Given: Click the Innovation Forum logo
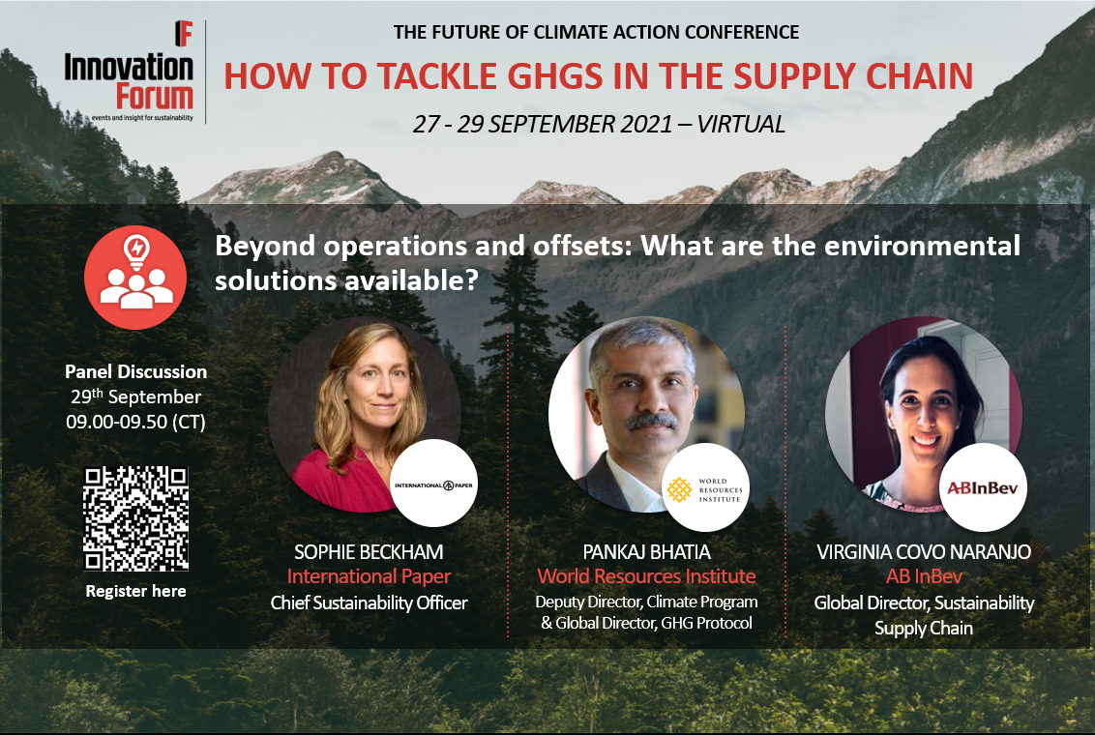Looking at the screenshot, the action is [x=130, y=72].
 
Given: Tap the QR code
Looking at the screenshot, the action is [x=135, y=518].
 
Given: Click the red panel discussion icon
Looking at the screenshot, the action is [x=135, y=278].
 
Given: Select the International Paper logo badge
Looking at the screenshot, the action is [x=433, y=484].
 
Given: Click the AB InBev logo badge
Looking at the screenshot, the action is [x=983, y=488].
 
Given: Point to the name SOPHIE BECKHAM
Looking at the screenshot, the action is [x=369, y=552].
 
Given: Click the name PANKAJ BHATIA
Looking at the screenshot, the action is [x=647, y=552].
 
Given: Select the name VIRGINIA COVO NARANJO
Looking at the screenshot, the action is [x=924, y=552].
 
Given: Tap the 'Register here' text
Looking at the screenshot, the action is [x=135, y=591].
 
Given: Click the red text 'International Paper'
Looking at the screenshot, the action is [x=369, y=576].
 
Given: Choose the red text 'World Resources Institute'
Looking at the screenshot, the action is [x=647, y=576].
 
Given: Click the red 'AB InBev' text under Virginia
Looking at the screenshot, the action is [x=924, y=576].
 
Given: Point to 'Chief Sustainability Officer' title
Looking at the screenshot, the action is [x=369, y=603].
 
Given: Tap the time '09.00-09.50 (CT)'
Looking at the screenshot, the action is [x=135, y=423].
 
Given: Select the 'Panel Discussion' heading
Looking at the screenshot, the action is [x=135, y=371].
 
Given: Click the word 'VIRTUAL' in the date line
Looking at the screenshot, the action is [x=741, y=124].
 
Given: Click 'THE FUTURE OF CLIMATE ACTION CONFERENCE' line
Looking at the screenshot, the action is [x=597, y=32].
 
